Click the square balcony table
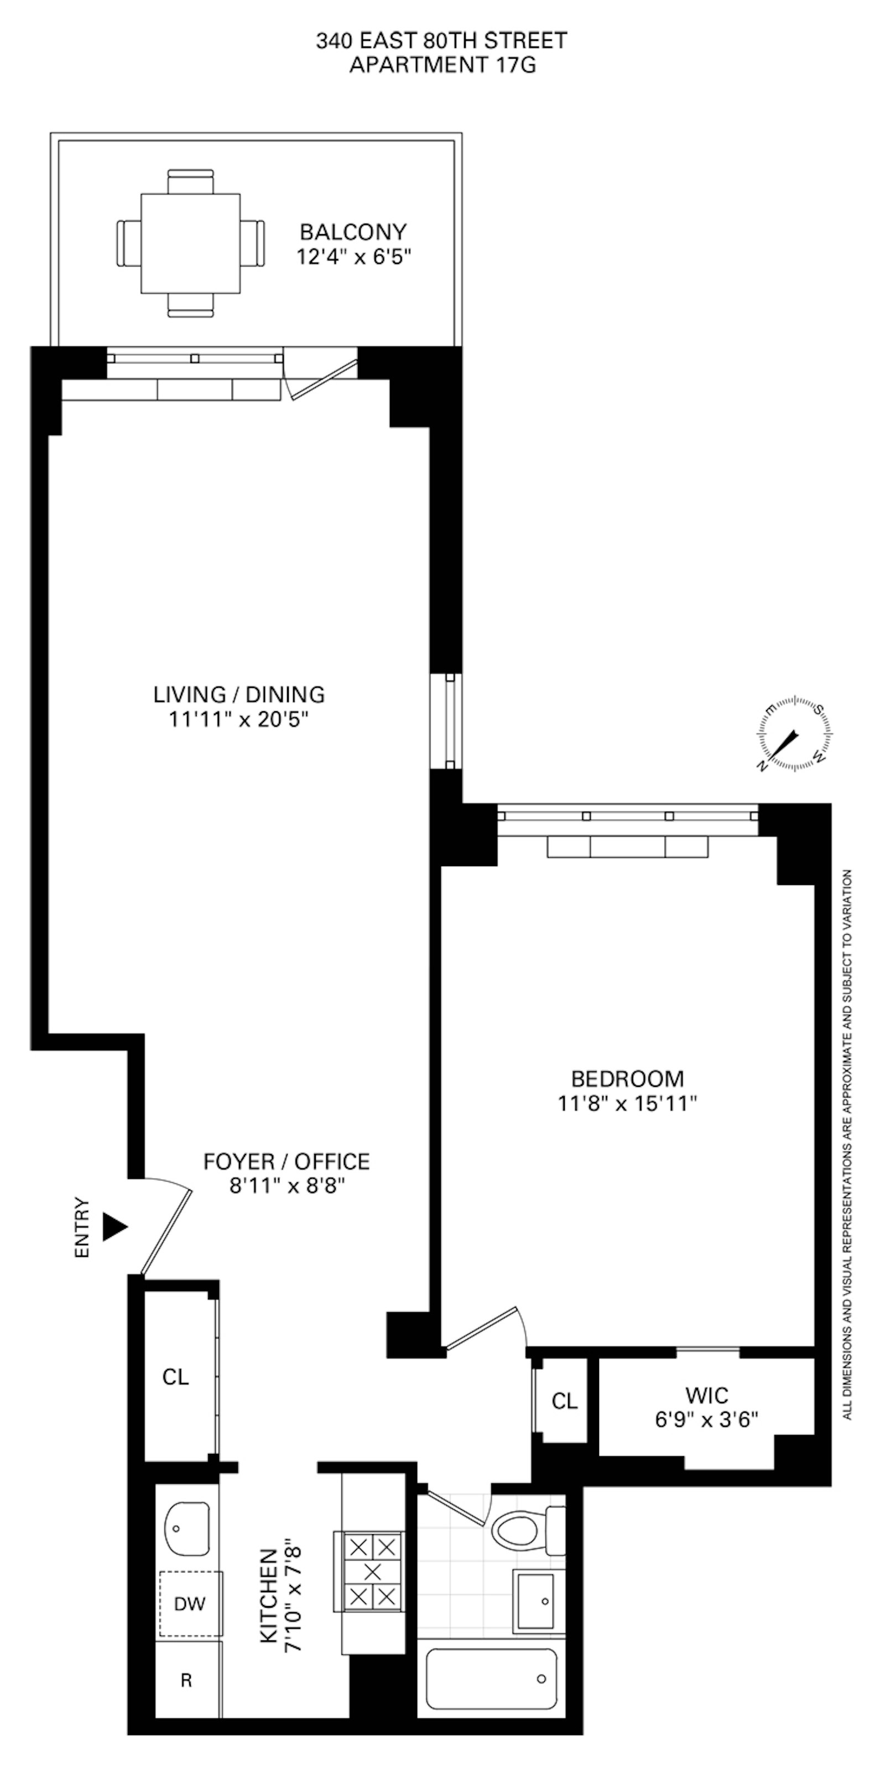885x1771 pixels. click(x=190, y=244)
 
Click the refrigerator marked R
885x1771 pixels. click(x=186, y=1681)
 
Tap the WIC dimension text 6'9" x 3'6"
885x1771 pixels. click(x=706, y=1420)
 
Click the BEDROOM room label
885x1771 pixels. click(x=627, y=1078)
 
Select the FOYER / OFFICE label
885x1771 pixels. click(x=287, y=1161)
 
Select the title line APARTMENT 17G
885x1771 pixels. click(x=442, y=65)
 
